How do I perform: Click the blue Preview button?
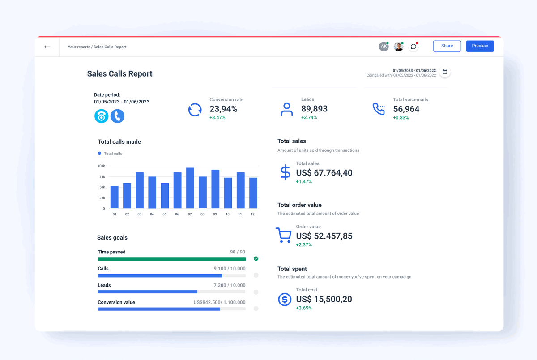tap(480, 46)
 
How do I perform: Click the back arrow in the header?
tap(47, 47)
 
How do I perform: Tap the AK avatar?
tap(384, 47)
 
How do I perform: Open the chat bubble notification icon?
tap(413, 47)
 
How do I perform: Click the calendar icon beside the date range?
tap(445, 72)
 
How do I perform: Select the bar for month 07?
tap(190, 188)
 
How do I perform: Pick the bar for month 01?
tap(115, 197)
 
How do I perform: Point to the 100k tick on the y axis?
tap(101, 166)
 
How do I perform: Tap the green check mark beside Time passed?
tap(256, 259)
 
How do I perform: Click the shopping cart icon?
tap(283, 235)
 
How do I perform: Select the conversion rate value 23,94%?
tap(223, 109)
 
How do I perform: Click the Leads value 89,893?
tap(314, 109)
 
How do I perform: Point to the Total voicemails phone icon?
tap(379, 109)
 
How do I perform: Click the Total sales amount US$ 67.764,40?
tap(324, 173)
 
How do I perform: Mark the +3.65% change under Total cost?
tap(304, 308)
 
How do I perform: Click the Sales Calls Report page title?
tap(119, 74)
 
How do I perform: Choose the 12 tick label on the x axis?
tap(253, 214)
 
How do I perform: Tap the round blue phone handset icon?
tap(117, 116)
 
